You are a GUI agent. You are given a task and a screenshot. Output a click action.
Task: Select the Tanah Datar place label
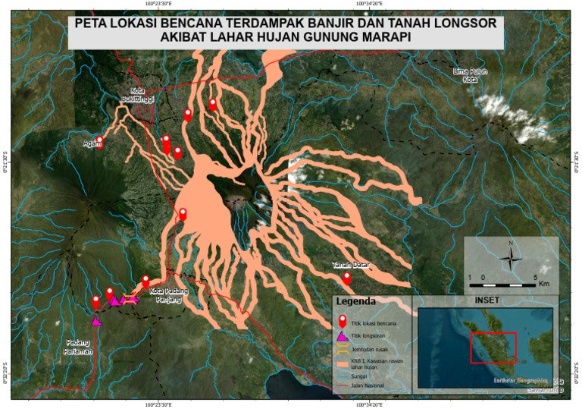coord(349,265)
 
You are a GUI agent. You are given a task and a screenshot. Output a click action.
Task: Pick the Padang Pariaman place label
coord(78,347)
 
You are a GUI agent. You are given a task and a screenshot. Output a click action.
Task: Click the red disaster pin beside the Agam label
coord(99,142)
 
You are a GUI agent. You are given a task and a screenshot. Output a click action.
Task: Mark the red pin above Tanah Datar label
coord(347,278)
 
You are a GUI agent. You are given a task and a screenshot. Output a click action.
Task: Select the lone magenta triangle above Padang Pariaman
coord(96,321)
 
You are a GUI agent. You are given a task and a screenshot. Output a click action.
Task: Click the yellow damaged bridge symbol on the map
coord(131,298)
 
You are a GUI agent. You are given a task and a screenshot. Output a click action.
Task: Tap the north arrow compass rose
coord(512,256)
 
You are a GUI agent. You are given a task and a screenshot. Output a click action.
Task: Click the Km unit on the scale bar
coord(544,284)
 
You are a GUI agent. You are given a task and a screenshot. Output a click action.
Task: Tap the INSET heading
coord(488,300)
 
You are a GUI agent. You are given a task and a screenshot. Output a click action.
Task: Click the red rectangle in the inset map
coord(493,348)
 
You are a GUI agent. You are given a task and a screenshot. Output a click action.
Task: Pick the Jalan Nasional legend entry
coord(368,386)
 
